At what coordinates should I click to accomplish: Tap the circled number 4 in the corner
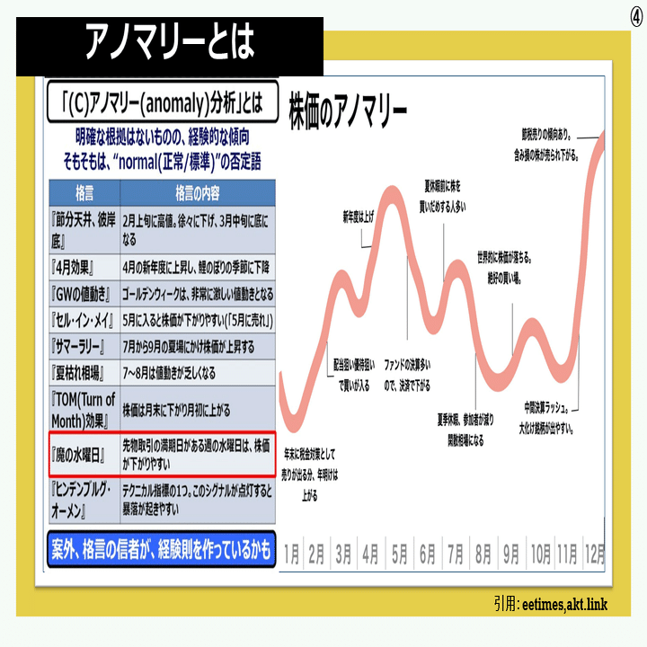635,18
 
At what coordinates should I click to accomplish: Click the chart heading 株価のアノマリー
348,111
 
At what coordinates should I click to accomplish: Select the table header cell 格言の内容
197,194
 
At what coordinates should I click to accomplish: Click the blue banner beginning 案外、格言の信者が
160,550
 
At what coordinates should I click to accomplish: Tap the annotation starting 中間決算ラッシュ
549,416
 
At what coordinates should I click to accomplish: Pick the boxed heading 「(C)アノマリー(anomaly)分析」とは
162,104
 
